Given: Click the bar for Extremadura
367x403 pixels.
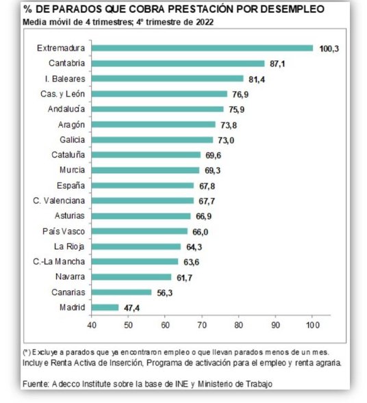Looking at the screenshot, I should click(203, 48).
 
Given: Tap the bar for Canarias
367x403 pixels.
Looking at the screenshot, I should click(122, 292).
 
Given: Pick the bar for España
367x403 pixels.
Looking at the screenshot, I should click(143, 185).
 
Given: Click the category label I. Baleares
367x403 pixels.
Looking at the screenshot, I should click(66, 79).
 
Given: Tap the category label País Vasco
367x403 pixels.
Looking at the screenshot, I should click(64, 231).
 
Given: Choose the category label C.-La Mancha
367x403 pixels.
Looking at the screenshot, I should click(62, 262).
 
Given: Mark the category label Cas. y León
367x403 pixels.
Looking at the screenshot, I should click(64, 94).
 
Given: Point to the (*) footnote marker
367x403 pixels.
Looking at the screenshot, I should click(27, 351).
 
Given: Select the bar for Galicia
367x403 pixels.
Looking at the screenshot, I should click(153, 140).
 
